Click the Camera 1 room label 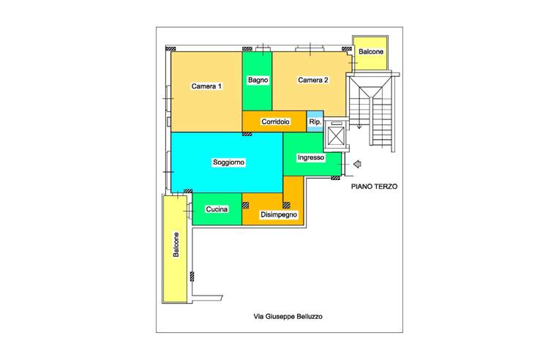pos(206,86)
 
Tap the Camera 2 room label pos(313,80)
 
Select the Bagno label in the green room pos(258,80)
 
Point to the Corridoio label pos(276,122)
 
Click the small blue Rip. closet pos(315,121)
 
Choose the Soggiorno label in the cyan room pos(228,162)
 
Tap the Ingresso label pos(311,157)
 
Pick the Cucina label pos(217,209)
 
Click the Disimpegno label pos(279,214)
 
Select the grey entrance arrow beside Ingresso pos(357,164)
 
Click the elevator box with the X pos(336,136)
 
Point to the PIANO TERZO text pos(374,187)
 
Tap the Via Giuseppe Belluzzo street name pos(288,317)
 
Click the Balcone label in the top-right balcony pos(371,52)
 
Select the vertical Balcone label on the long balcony pos(176,244)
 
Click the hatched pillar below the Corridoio pos(247,134)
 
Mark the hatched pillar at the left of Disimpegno pos(245,206)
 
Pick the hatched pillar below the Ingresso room pos(335,178)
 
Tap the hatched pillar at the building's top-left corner pos(170,48)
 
